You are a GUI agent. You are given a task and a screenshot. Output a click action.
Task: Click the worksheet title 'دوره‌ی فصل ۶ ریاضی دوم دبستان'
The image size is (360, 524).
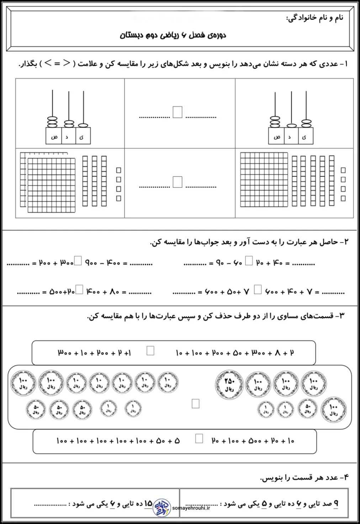173,35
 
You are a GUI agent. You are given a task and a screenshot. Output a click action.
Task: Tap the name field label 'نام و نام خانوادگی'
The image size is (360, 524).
315,18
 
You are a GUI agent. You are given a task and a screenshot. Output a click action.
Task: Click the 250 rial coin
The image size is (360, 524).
229,384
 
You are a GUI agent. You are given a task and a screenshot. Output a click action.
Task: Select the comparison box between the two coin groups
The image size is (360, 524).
195,403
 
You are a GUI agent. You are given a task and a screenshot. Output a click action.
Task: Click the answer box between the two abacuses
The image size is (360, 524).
178,112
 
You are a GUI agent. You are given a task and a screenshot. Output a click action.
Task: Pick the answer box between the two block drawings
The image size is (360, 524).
178,182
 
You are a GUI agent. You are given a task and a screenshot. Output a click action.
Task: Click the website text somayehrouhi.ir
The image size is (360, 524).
191,508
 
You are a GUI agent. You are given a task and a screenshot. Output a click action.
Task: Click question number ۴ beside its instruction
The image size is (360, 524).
345,477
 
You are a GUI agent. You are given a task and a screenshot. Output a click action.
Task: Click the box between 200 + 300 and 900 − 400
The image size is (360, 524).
78,261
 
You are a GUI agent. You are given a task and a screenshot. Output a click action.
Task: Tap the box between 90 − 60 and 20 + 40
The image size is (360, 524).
249,261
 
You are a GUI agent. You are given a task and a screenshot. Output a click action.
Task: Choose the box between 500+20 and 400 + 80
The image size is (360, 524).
80,290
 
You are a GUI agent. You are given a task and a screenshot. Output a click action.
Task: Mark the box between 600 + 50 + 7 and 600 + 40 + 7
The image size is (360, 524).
258,290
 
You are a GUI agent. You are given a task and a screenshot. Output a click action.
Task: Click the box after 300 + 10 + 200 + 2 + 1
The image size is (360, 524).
150,351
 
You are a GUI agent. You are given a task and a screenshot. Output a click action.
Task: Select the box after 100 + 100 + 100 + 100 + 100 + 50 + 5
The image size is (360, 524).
199,439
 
